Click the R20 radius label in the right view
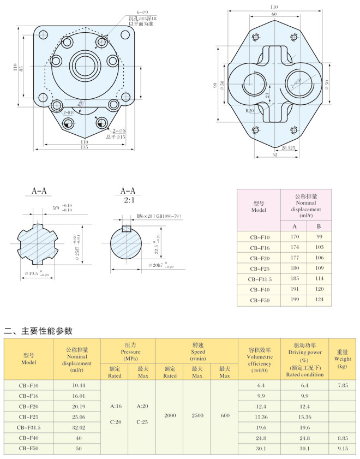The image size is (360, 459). coord(250,111)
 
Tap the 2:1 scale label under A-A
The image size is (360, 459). coord(127,200)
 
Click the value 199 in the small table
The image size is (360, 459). coord(295,300)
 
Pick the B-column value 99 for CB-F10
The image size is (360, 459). coord(319,236)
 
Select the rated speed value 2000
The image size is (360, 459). coord(170,416)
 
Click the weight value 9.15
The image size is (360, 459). coord(342,448)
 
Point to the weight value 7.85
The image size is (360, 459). coord(342,385)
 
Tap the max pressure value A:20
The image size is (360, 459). coord(142,406)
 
